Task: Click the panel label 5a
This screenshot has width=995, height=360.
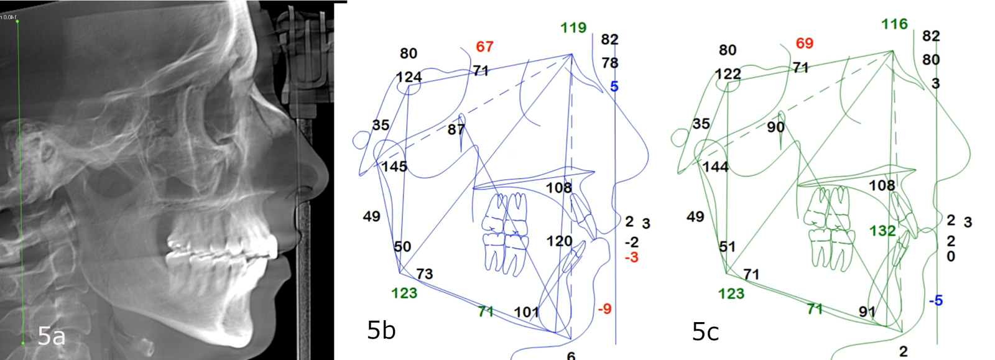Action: point(51,336)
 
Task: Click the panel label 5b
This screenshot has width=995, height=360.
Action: point(381,330)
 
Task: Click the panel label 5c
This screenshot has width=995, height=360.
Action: point(705,332)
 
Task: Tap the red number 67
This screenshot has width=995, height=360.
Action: point(484,47)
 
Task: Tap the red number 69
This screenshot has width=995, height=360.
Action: point(804,44)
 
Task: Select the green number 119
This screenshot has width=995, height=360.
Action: point(573,27)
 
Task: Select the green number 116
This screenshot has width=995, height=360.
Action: point(894,24)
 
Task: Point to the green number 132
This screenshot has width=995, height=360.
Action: point(882,231)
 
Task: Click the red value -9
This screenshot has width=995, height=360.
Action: point(604,308)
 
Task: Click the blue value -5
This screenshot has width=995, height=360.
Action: point(935,301)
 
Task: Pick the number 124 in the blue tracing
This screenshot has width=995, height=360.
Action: point(409,77)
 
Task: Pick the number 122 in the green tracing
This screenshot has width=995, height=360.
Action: point(728,74)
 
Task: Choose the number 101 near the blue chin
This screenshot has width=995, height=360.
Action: point(526,312)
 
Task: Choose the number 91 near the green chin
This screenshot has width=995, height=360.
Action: point(867,312)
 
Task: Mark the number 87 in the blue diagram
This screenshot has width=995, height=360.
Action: point(456,129)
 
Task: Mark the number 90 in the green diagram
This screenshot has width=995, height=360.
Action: point(775,127)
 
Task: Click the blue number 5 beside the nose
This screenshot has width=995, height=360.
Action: point(614,86)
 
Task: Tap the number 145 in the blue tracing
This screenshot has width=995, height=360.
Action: point(394,167)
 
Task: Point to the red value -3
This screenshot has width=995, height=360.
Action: point(631,257)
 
